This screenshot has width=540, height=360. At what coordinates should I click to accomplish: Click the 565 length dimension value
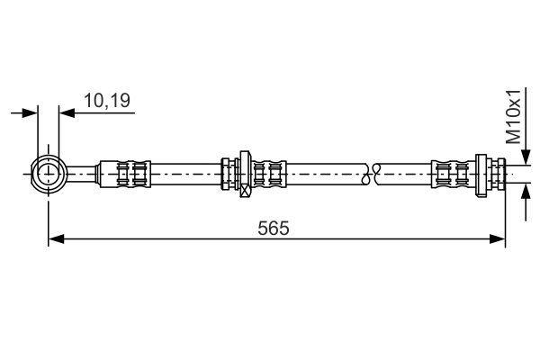point(274,228)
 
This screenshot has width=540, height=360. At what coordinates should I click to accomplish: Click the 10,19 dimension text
point(107,101)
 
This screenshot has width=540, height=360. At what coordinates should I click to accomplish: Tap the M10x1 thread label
point(514,116)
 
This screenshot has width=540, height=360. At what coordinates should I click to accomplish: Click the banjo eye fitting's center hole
point(49,174)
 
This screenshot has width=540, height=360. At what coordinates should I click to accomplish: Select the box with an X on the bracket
point(245,191)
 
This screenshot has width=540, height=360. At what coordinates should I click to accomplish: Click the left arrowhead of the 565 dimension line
point(57,238)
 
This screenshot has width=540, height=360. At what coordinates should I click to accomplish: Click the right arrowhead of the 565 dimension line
point(498,238)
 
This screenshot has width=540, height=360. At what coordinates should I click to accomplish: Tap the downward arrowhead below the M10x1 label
point(526,157)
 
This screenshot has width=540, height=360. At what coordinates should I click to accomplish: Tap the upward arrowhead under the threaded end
point(526,193)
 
